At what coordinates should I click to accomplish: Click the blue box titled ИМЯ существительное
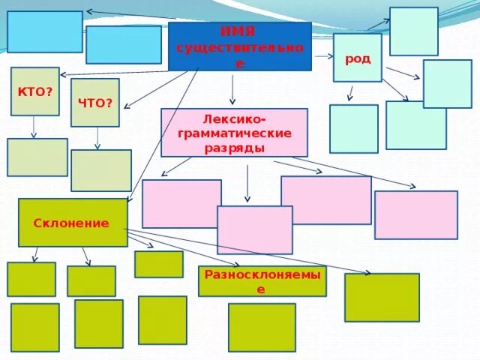click(239, 46)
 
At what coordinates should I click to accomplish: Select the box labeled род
click(358, 58)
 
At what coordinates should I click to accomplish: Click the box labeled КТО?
click(34, 91)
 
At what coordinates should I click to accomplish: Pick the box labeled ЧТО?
click(95, 102)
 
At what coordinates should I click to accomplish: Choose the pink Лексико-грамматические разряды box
click(234, 133)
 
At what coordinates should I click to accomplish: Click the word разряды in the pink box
click(234, 148)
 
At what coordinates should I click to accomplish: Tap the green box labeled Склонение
click(73, 223)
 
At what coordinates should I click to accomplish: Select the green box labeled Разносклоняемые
click(262, 280)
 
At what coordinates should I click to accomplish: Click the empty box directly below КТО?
click(37, 157)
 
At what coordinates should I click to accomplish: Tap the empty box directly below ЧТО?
click(101, 170)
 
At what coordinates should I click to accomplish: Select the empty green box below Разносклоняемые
click(262, 327)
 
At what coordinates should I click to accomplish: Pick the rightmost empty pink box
click(415, 214)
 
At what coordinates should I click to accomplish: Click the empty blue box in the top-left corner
click(45, 31)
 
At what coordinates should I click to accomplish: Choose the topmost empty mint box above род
click(413, 31)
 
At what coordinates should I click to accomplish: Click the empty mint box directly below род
click(353, 128)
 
